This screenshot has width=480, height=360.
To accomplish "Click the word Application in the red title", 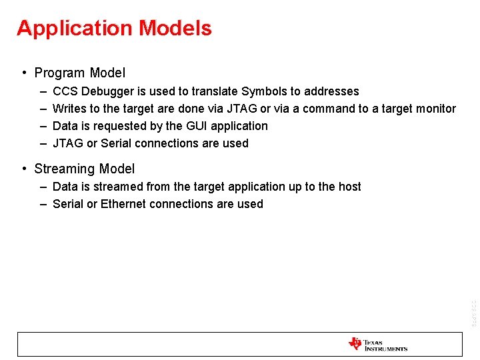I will [75, 29].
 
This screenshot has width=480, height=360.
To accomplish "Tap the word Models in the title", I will [175, 29].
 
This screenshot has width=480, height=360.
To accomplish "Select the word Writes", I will [68, 109].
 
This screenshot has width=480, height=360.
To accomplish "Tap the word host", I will [349, 187].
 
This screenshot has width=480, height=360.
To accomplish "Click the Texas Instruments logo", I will [377, 345].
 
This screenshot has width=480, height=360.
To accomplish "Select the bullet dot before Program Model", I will [23, 73].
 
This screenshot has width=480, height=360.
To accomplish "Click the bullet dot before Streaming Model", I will [23, 169].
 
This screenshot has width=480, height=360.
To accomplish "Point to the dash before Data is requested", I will [43, 126].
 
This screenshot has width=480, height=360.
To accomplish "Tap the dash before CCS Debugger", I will [43, 91].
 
